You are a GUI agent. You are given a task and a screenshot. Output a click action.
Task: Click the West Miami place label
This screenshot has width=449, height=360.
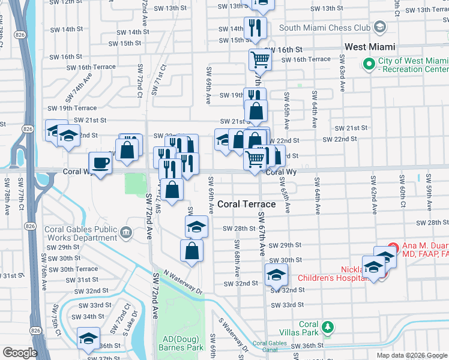(x=369, y=47)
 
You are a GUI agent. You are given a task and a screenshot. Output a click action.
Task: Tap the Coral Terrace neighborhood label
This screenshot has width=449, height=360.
(x=247, y=204)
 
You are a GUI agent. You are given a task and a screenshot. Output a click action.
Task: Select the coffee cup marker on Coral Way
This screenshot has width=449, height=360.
(x=100, y=163)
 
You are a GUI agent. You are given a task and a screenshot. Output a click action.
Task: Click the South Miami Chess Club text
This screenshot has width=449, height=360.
(x=324, y=27)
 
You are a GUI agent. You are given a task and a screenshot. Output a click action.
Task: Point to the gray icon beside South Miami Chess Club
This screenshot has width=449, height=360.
(x=379, y=27)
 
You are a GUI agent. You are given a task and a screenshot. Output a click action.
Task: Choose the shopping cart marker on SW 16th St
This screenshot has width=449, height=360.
(x=259, y=59)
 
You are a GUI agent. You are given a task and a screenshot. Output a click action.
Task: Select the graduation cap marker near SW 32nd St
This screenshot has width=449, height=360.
(x=276, y=275)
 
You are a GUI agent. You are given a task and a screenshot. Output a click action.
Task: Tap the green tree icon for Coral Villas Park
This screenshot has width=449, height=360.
(x=328, y=327)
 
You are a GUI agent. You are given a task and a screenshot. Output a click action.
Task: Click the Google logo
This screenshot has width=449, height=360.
(x=19, y=352)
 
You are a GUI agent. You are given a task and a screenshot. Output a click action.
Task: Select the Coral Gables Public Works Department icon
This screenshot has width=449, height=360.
(x=126, y=232)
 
